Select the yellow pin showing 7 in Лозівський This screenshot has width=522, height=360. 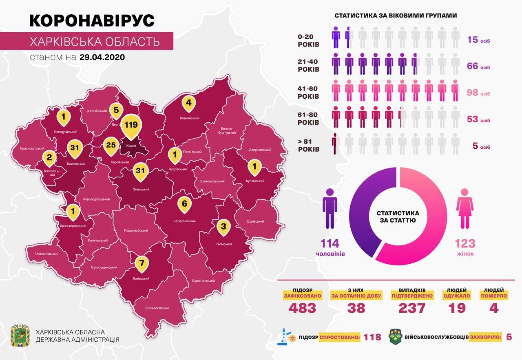pos(142,263)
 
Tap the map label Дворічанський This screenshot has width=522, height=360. pos(260,150)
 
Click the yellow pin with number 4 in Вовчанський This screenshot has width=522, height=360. pos(188,104)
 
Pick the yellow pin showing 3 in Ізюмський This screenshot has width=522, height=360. pos(223,226)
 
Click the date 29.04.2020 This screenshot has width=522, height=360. pos(102,57)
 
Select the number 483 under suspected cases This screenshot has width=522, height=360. pos(302,308)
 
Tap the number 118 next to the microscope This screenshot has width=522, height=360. pos(373,337)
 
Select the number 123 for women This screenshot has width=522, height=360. pos(465,244)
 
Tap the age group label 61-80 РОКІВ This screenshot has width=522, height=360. pos(308,117)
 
